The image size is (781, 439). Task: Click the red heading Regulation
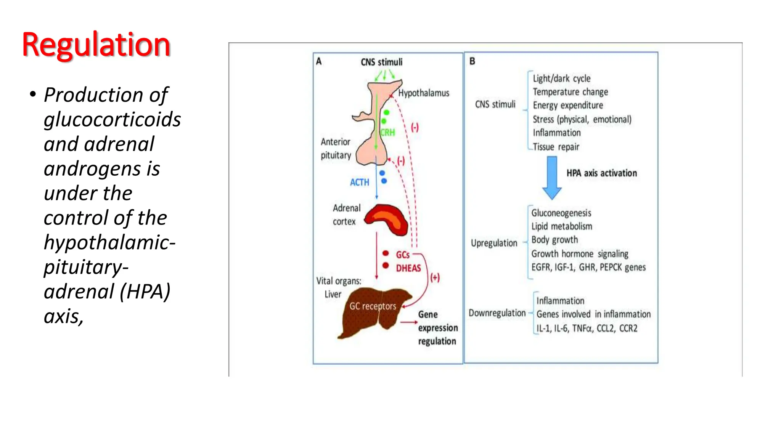pos(96,45)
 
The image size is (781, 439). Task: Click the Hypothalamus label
pos(423,93)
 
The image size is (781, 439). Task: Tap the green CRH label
pos(387,133)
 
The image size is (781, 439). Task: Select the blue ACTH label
pos(359,183)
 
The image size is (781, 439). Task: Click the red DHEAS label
pos(408,268)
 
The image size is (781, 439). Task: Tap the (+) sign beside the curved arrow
pos(435,277)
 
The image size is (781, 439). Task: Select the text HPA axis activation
pos(601,173)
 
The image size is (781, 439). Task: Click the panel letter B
pos(472,61)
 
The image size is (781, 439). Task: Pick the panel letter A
pos(319,61)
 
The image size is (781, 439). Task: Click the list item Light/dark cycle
pos(561,79)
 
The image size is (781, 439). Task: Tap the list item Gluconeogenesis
pos(561,213)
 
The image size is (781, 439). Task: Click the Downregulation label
pos(497,313)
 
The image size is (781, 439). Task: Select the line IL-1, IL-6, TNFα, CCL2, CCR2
pos(587,328)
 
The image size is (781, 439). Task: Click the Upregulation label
pos(494,243)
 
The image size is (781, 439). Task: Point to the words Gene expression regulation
pos(437,328)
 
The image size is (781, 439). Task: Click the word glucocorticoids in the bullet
pos(112,120)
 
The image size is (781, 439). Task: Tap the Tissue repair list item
pos(556,147)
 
